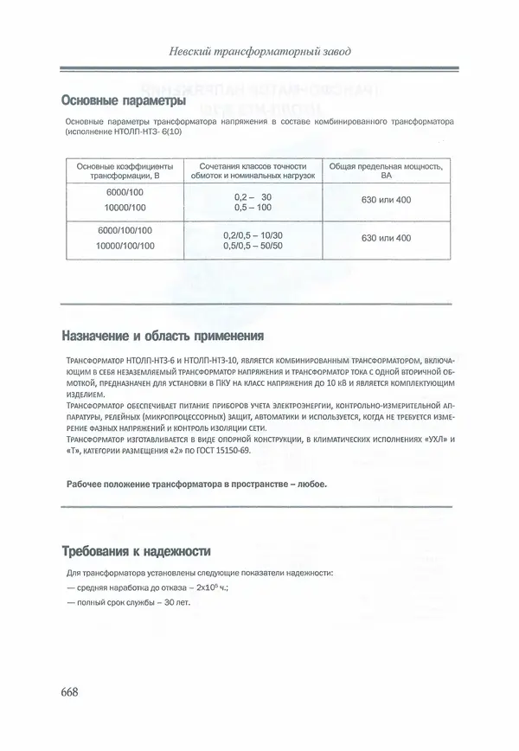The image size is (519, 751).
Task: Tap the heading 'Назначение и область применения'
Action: pyautogui.click(x=163, y=335)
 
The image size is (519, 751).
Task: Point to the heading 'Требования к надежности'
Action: pyautogui.click(x=136, y=550)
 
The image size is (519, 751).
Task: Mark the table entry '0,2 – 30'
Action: pyautogui.click(x=252, y=197)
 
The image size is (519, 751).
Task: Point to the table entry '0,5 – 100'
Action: pyautogui.click(x=252, y=209)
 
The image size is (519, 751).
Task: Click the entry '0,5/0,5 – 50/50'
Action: pyautogui.click(x=252, y=246)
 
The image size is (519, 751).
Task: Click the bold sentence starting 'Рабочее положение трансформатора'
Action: pyautogui.click(x=196, y=483)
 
